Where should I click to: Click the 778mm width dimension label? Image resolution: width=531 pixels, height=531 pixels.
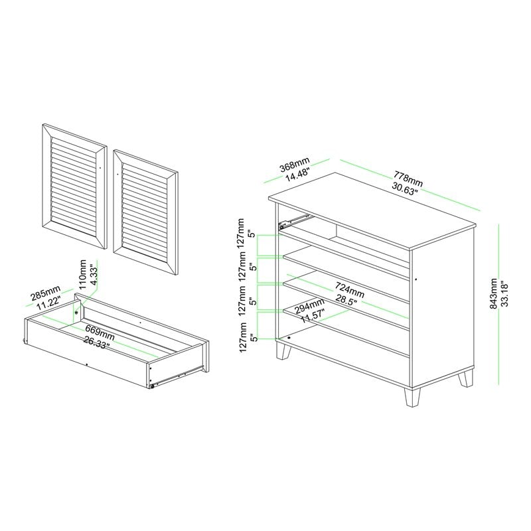(x=408, y=179)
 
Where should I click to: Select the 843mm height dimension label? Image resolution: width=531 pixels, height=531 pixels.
(x=494, y=293)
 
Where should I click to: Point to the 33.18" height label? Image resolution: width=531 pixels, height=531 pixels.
(x=504, y=293)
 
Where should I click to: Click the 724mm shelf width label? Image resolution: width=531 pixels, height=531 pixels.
(x=350, y=290)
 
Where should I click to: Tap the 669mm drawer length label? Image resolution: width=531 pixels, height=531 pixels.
(x=100, y=333)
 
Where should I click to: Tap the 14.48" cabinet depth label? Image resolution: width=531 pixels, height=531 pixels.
(x=298, y=175)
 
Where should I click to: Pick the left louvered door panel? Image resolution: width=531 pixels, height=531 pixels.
(x=75, y=187)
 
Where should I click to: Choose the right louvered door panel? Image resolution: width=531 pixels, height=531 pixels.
(x=146, y=212)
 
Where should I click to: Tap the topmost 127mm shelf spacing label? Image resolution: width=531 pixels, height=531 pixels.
(x=241, y=234)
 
